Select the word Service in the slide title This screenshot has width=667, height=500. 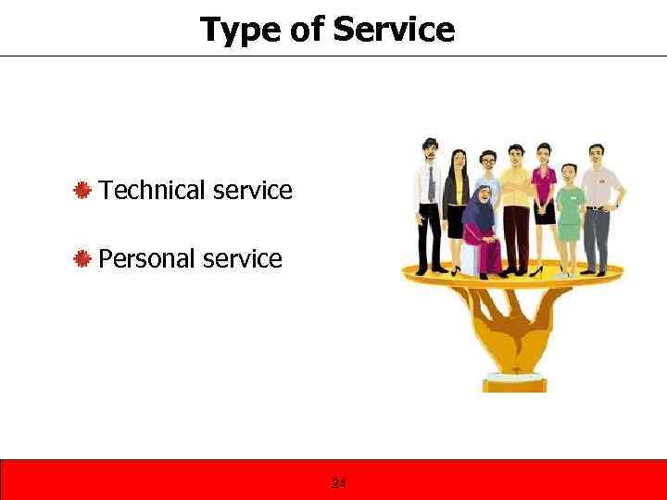(394, 31)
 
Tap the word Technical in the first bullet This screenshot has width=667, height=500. (153, 191)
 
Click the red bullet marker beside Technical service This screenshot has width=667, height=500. (82, 191)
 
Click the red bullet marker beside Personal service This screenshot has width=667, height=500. (82, 258)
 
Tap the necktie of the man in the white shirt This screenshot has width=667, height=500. (431, 184)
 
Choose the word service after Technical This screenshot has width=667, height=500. (252, 191)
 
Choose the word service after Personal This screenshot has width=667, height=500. (242, 258)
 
